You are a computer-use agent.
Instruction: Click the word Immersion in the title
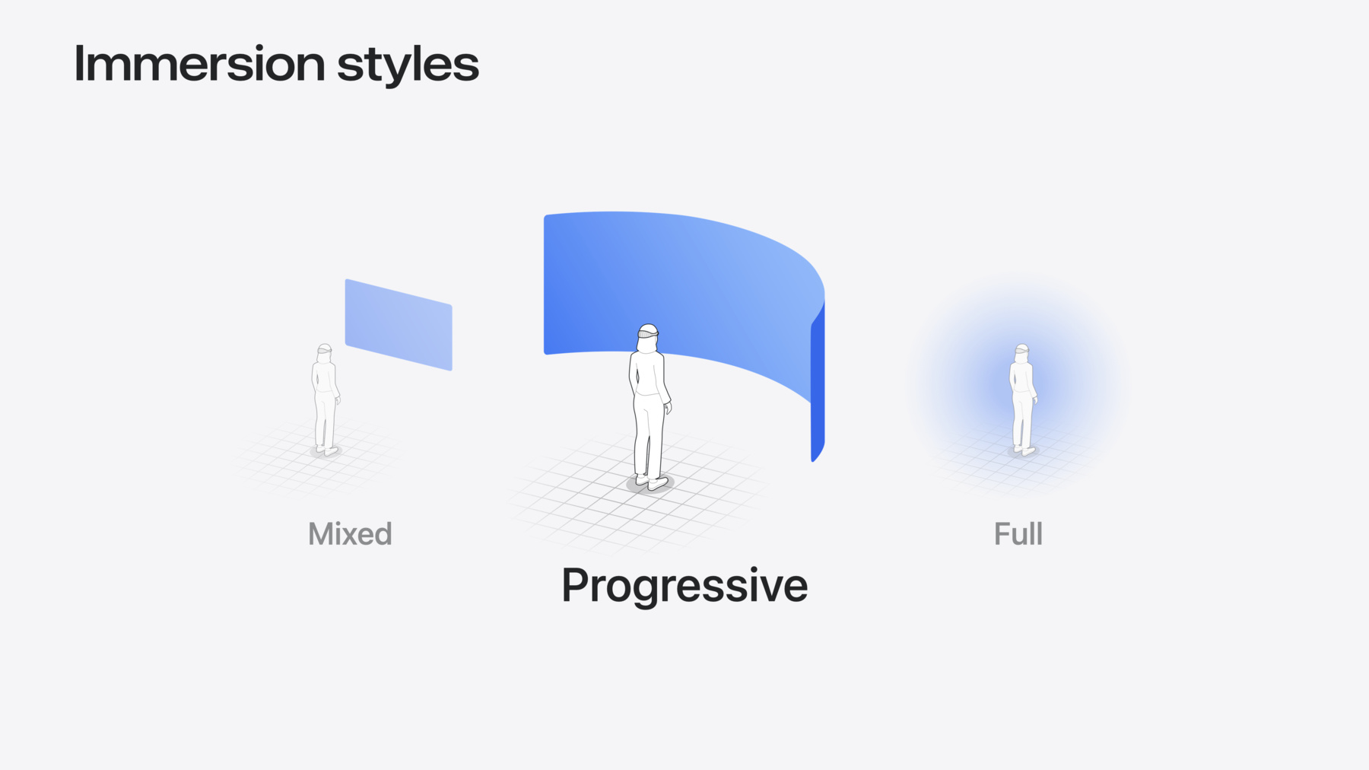(200, 63)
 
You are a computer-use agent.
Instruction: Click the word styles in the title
(408, 65)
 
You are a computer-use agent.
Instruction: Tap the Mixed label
(350, 533)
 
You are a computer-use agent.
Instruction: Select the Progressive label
(684, 586)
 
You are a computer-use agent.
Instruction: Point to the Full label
(1018, 533)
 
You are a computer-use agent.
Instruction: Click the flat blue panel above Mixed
(399, 325)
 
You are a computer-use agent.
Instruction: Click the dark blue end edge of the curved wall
(818, 380)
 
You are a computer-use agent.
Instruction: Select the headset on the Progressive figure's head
(647, 333)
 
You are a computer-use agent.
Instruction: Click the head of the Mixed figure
(325, 352)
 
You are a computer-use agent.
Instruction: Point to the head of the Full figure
(1022, 352)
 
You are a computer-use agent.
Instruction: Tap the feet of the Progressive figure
(652, 482)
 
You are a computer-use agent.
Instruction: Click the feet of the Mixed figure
(327, 450)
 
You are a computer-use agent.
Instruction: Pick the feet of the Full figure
(1024, 450)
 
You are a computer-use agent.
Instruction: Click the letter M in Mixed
(322, 534)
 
